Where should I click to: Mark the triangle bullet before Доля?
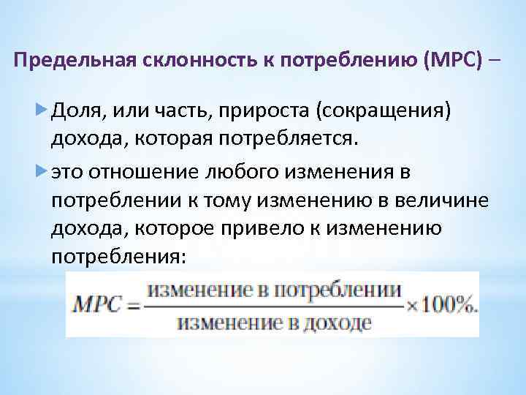[40, 110]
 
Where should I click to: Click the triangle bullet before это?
[40, 172]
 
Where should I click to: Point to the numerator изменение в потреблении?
[274, 290]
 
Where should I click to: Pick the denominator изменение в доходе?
[274, 323]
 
